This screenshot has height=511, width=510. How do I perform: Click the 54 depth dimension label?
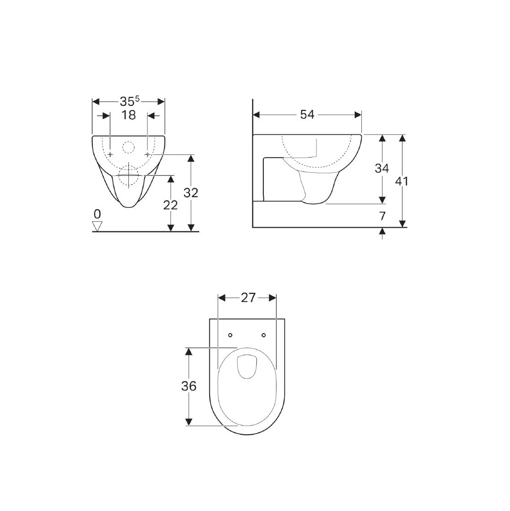[x=307, y=115]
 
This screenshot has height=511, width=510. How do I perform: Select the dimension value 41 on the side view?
[x=402, y=181]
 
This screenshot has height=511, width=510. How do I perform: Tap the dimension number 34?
[x=382, y=168]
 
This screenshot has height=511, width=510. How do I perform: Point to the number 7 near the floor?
[x=382, y=216]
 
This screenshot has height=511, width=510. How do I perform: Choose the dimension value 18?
[x=128, y=115]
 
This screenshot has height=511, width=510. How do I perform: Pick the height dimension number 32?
[x=190, y=193]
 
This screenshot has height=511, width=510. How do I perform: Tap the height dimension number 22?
[x=170, y=205]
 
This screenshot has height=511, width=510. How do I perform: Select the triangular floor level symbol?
[x=97, y=225]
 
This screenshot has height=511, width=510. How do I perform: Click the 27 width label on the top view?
[x=248, y=298]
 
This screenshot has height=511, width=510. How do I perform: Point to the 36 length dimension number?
[x=188, y=386]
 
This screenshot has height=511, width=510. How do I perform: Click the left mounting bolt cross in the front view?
[x=110, y=154]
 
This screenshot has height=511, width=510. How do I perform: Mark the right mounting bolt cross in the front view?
[x=147, y=154]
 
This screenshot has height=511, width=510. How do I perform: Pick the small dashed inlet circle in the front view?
[x=128, y=148]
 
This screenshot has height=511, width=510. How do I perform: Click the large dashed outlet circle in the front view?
[x=128, y=176]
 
